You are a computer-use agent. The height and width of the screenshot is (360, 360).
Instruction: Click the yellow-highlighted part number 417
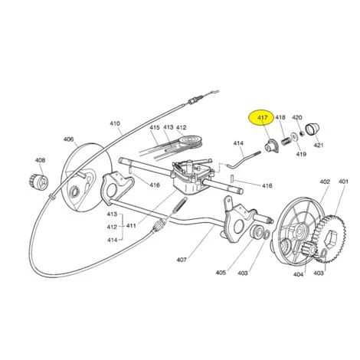263,118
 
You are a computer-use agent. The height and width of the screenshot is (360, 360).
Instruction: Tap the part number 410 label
115,123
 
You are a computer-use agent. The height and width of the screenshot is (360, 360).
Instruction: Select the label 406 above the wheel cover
68,139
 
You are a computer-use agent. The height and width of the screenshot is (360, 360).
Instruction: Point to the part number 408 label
40,160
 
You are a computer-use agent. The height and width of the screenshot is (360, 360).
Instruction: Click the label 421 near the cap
319,146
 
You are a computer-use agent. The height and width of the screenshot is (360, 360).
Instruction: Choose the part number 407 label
182,260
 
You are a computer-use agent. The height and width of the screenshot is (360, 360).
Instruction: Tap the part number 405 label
221,273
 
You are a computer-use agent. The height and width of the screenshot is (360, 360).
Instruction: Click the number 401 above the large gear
343,182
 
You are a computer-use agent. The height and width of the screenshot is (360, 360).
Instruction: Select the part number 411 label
131,226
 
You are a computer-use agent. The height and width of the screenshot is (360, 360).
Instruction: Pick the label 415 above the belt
155,127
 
